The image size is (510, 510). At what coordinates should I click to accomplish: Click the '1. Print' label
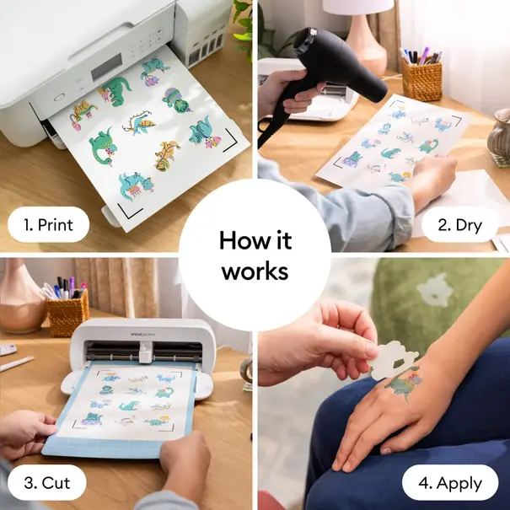pos(48,225)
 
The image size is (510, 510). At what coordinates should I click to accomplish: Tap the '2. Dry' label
pos(460,224)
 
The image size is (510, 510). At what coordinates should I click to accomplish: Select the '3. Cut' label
pos(47,483)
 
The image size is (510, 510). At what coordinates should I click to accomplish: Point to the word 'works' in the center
pos(255,271)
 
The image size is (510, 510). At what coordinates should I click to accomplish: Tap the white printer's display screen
pos(108,66)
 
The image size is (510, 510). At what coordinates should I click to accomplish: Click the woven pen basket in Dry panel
pos(421,80)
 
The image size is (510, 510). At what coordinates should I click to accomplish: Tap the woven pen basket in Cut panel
pos(67,312)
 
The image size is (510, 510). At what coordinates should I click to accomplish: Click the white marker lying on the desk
pos(17,364)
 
